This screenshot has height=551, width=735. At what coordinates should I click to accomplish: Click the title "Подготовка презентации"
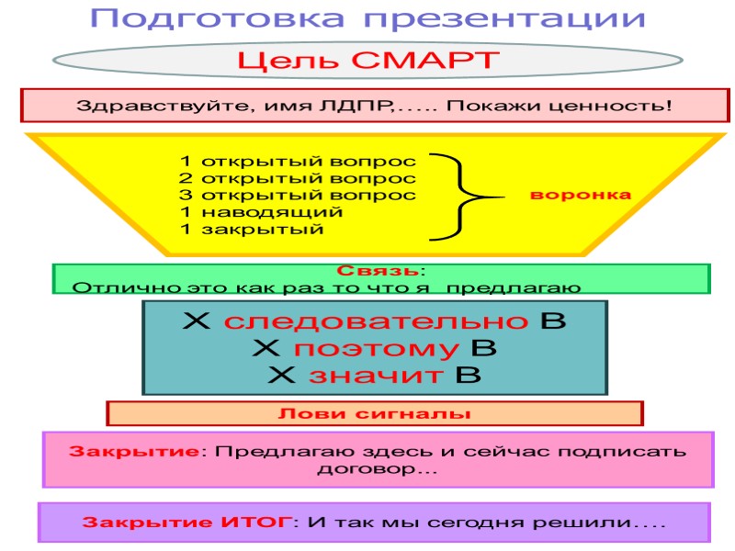click(x=367, y=18)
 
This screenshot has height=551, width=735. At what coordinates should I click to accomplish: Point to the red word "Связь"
click(x=378, y=271)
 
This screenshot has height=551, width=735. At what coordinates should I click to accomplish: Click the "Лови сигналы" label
click(x=374, y=414)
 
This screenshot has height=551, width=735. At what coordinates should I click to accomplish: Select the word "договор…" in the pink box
click(x=377, y=470)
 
